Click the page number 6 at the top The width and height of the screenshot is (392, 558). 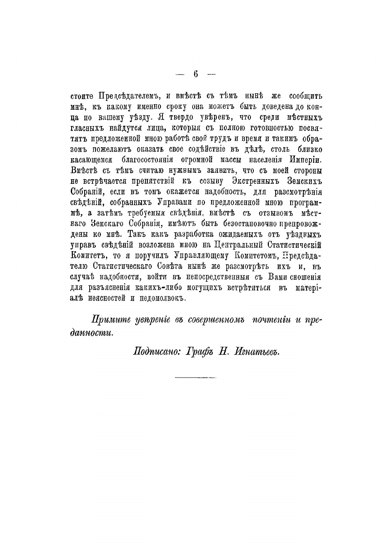(196, 74)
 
